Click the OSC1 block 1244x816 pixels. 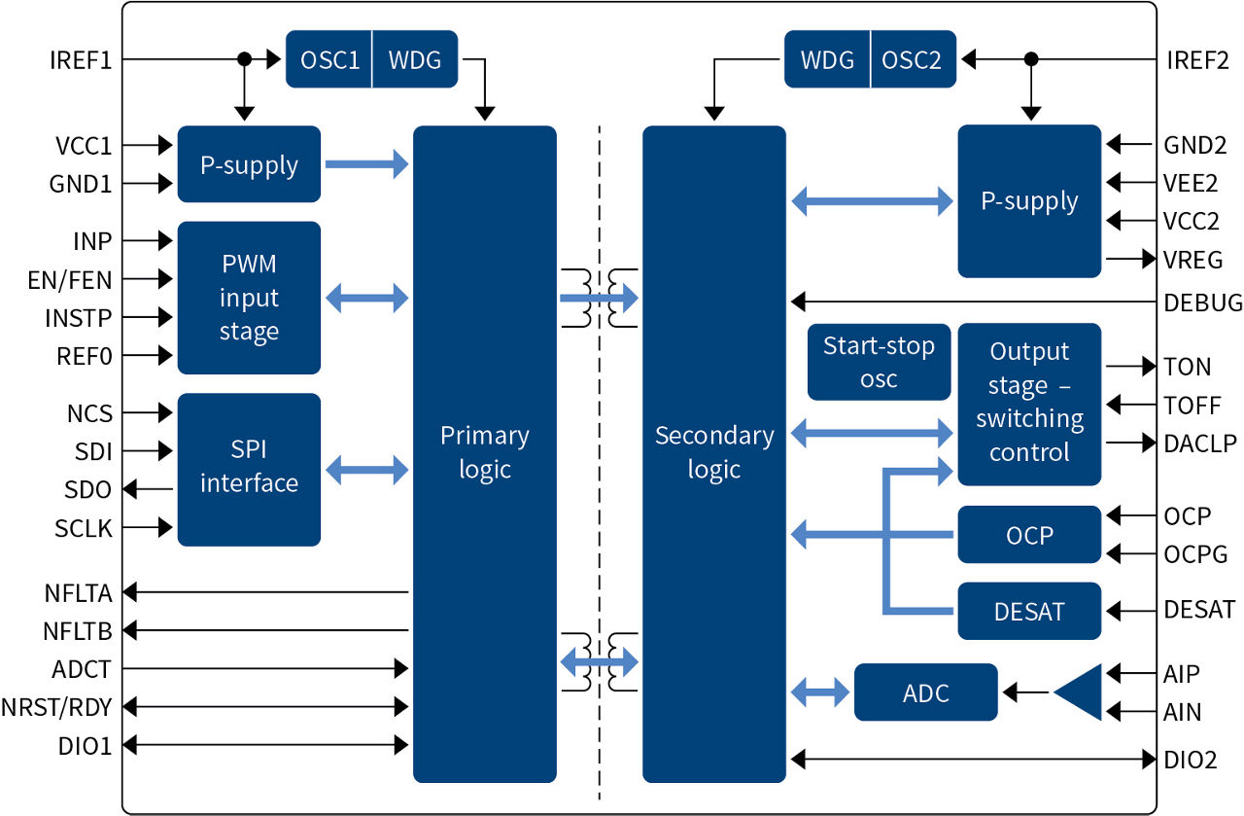coord(329,60)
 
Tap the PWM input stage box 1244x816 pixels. coord(249,298)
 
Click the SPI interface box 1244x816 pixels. coord(249,468)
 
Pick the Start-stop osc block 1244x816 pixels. coord(879,362)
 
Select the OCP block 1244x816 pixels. coord(1029,534)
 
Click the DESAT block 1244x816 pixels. coord(1029,611)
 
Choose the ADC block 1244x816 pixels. coord(925,692)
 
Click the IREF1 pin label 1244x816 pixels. coord(81,60)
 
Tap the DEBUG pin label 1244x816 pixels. coord(1202,302)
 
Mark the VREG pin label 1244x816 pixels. coord(1192,260)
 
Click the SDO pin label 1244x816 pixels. coord(89,489)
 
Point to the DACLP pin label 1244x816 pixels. coord(1199,443)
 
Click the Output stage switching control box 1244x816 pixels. coord(1029,403)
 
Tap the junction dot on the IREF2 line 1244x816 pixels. coord(1031,60)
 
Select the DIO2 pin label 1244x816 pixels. coord(1190,760)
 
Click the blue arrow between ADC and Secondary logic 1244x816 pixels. coord(820,692)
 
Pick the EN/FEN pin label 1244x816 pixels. coord(70,281)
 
